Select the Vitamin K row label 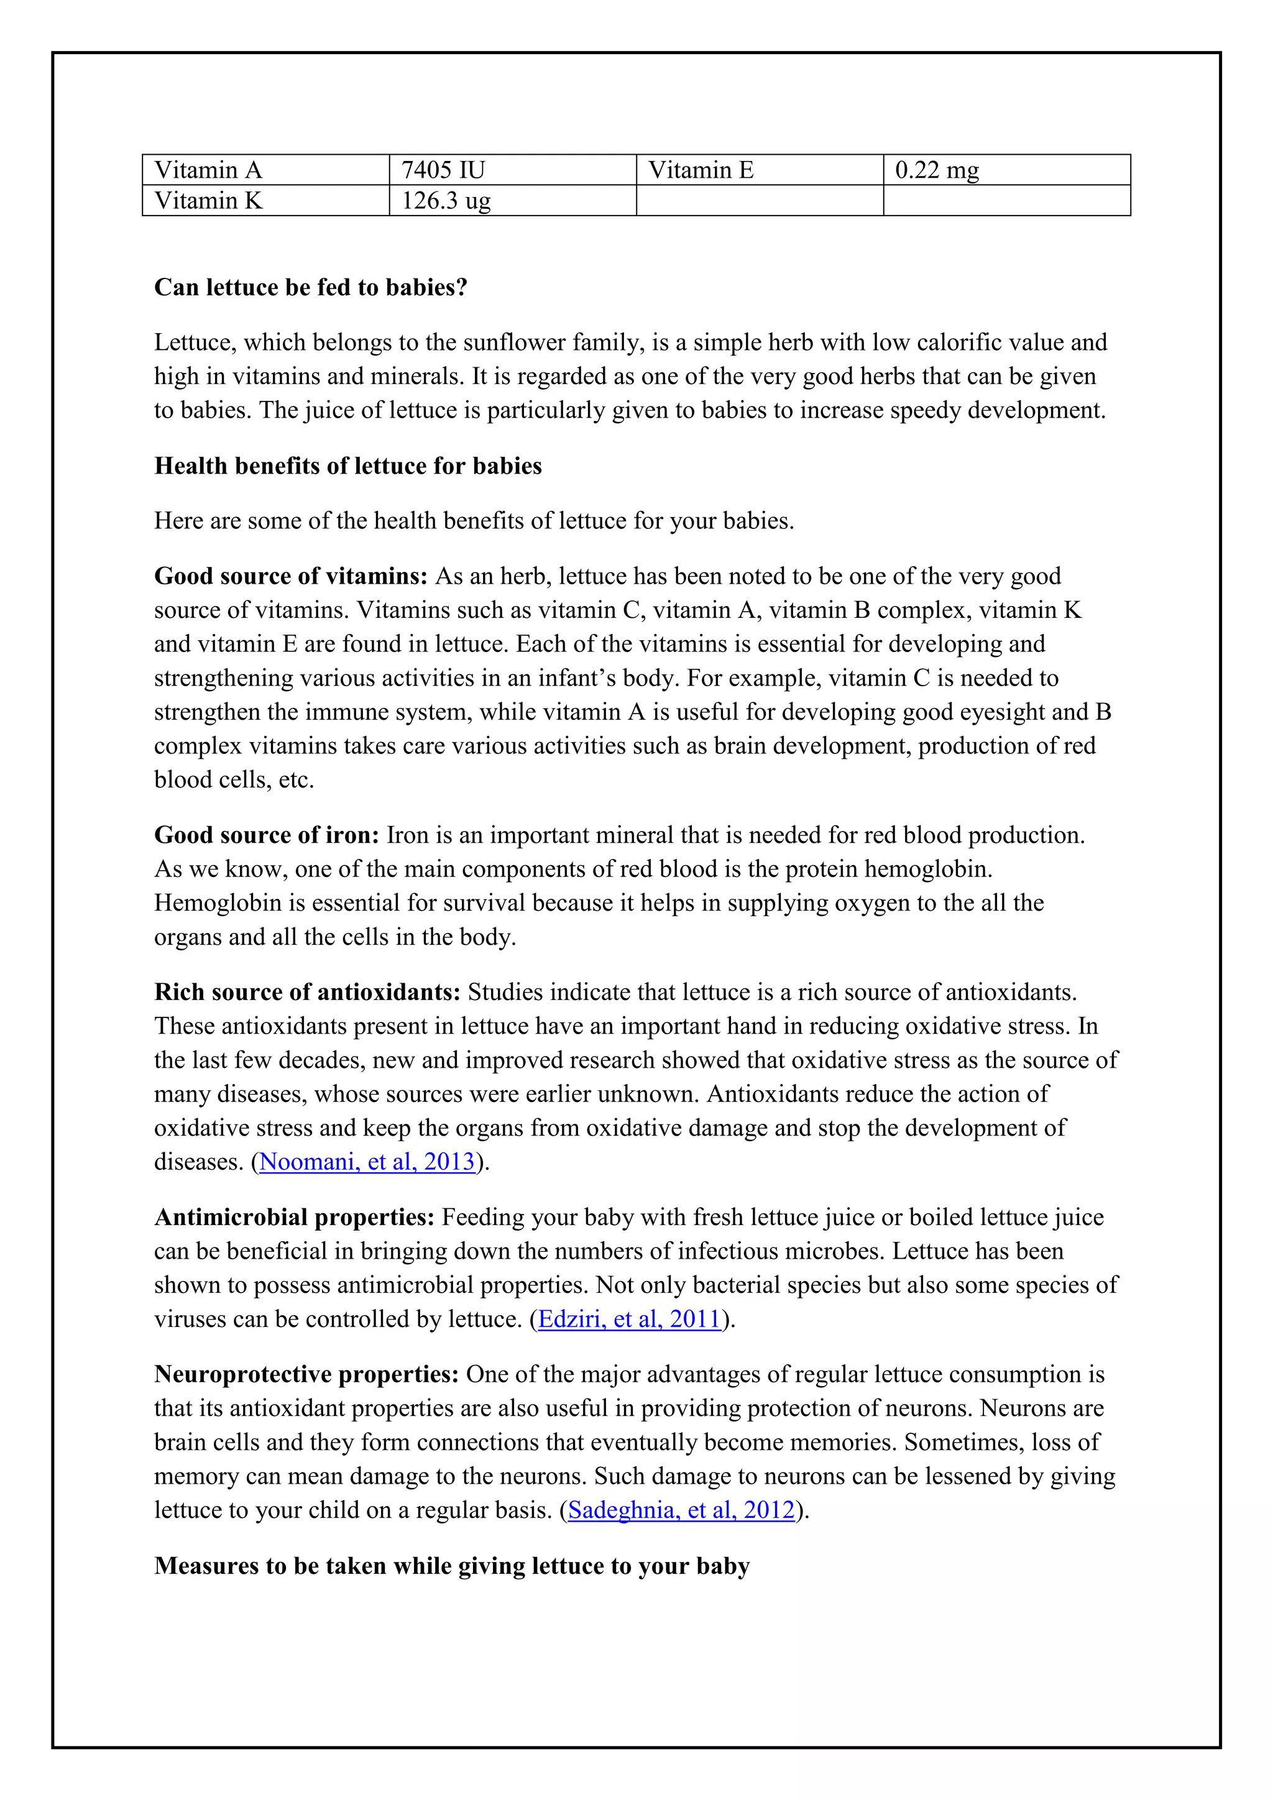(208, 201)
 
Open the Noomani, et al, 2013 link (367, 1161)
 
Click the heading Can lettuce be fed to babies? (310, 288)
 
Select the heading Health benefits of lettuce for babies (348, 466)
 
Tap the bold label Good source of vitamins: (291, 576)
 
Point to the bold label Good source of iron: (267, 835)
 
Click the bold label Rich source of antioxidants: (307, 993)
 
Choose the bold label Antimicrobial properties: (294, 1217)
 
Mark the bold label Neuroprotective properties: (306, 1374)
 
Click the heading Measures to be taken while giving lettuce (451, 1566)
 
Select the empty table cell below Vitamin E (759, 201)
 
